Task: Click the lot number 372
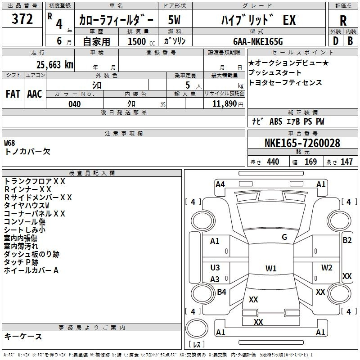click(x=22, y=19)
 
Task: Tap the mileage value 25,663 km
click(x=55, y=65)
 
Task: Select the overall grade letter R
click(x=343, y=21)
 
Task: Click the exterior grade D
click(x=336, y=41)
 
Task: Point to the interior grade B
click(x=350, y=41)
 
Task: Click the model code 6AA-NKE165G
click(x=258, y=41)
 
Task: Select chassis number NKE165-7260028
click(x=302, y=143)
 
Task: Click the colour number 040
click(x=74, y=104)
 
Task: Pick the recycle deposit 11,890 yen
click(x=228, y=104)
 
